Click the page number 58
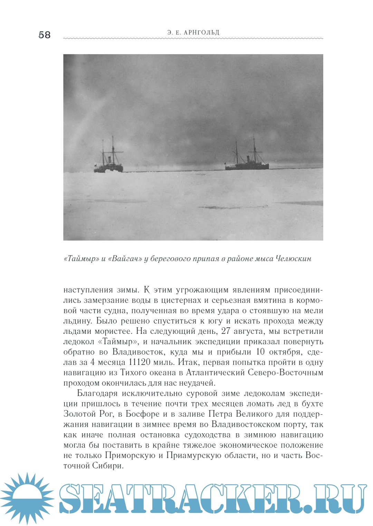coord(45,35)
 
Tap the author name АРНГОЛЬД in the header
coord(202,32)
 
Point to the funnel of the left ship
coord(108,160)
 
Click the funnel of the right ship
coord(248,159)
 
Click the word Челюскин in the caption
coord(293,259)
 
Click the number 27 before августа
coord(226,331)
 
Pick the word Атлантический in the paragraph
coord(213,373)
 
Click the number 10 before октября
coord(260,352)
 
